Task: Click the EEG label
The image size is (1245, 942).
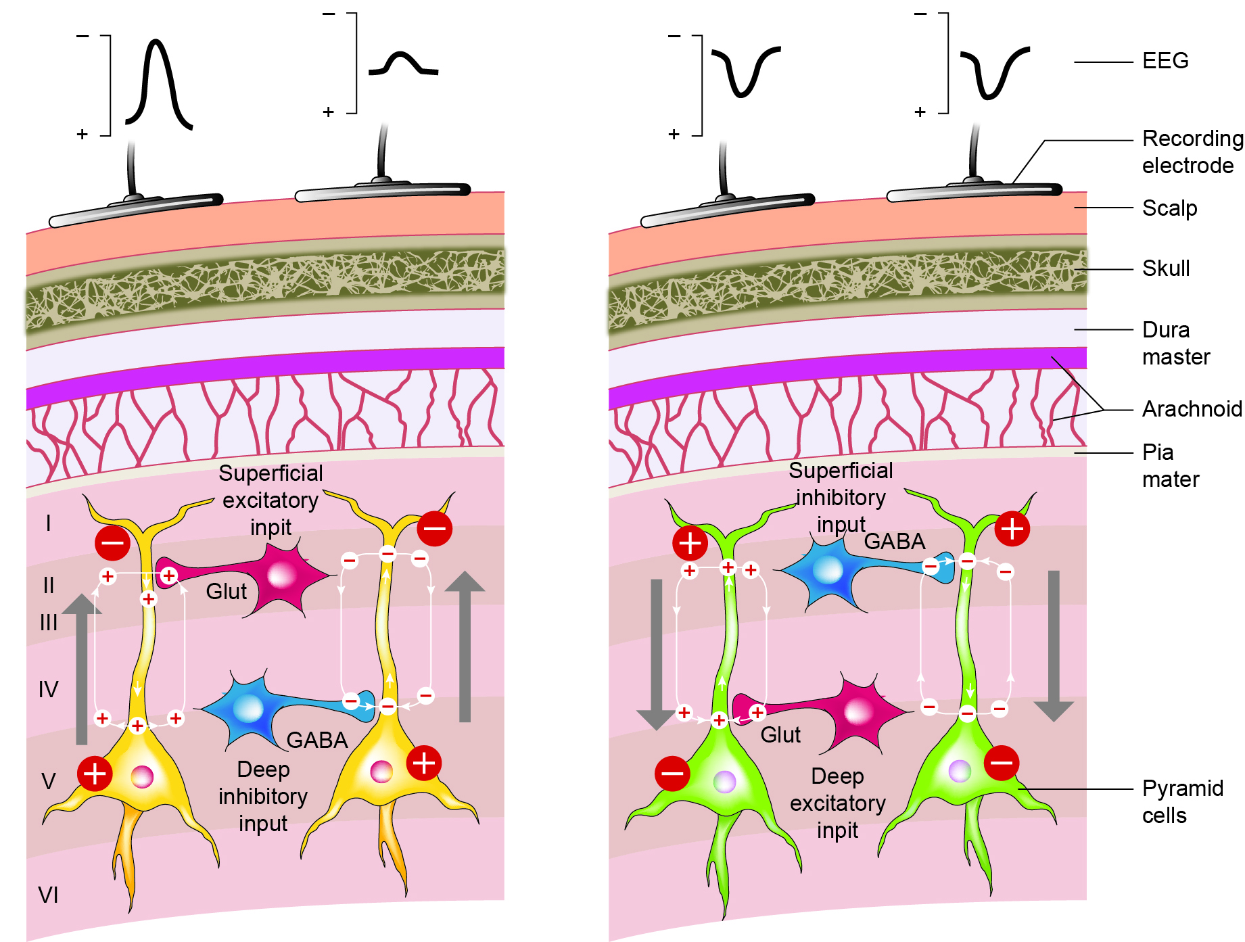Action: [x=1165, y=61]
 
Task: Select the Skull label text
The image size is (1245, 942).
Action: [x=1165, y=268]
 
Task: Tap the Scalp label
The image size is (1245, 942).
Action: [x=1169, y=208]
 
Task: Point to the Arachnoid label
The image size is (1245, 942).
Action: [x=1192, y=409]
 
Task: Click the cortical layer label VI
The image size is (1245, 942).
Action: [x=48, y=895]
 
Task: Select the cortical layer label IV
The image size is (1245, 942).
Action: [x=48, y=690]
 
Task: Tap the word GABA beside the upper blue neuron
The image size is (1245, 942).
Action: [x=894, y=542]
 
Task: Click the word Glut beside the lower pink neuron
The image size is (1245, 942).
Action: [x=780, y=735]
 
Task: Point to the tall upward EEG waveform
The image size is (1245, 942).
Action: [x=160, y=85]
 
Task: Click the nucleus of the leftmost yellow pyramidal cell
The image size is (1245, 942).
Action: [x=142, y=777]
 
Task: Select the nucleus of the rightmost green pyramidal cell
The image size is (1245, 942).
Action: [x=960, y=771]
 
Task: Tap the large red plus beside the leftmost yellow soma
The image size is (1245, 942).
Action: [x=95, y=774]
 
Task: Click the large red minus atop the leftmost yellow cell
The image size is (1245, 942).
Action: [x=112, y=542]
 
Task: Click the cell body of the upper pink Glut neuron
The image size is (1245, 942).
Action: [x=281, y=575]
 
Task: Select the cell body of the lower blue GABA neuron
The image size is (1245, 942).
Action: [x=248, y=709]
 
